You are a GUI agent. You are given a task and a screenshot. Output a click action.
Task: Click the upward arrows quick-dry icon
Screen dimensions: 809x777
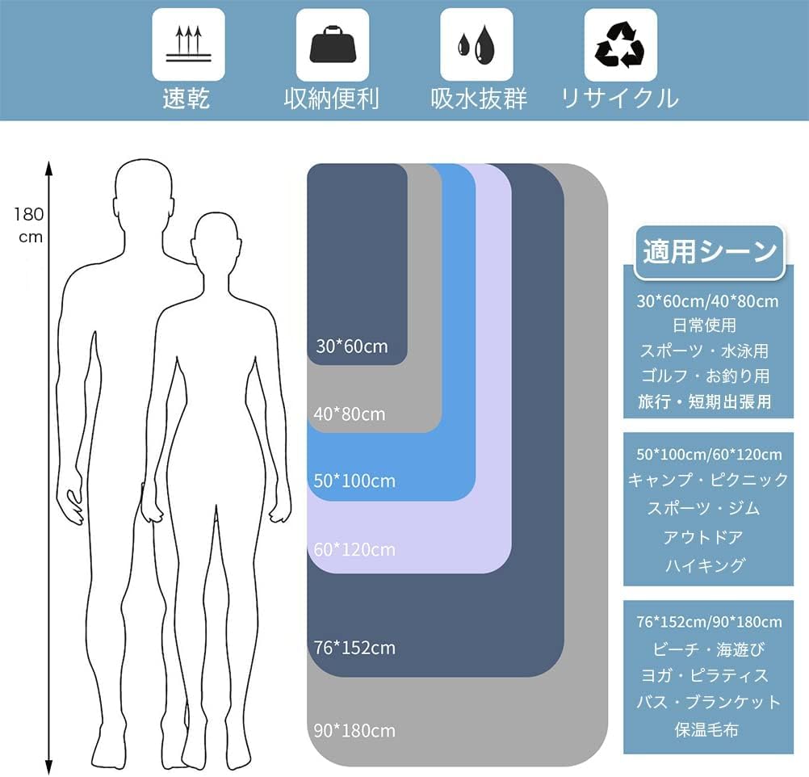click(x=188, y=44)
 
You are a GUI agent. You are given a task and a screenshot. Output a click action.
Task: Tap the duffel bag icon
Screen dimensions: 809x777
click(x=333, y=44)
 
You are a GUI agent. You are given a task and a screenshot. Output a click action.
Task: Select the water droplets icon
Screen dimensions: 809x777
click(x=476, y=44)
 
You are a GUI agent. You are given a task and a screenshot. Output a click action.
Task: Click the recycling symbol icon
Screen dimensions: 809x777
click(x=620, y=44)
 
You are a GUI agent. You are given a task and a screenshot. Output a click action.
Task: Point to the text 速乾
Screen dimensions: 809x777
click(x=186, y=98)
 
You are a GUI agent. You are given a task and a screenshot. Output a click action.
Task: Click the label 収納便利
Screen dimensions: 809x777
click(x=331, y=98)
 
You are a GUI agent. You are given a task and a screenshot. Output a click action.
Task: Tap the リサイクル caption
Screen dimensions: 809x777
click(x=619, y=98)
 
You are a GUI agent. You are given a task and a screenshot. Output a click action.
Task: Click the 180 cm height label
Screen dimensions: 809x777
click(x=29, y=225)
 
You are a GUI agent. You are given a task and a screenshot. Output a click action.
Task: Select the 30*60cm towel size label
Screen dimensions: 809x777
click(x=352, y=346)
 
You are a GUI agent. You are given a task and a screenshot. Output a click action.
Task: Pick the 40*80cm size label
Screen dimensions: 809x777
click(x=350, y=414)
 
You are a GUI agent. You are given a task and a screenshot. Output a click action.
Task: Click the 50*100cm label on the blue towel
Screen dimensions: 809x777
click(x=354, y=481)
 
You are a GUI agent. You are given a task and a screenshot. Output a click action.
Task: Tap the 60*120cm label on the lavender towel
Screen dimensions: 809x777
click(x=354, y=549)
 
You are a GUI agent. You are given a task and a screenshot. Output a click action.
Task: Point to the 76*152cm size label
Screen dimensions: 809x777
click(x=354, y=648)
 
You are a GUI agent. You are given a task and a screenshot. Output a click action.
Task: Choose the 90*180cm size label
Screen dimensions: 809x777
click(x=354, y=730)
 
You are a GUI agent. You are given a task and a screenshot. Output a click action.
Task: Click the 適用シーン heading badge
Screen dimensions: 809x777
click(x=710, y=252)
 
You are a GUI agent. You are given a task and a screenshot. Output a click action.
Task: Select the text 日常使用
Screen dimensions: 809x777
click(x=704, y=325)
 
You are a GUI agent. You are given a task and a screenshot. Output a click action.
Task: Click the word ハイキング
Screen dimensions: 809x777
click(x=705, y=565)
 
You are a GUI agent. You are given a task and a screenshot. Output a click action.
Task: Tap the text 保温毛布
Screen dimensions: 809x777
click(x=706, y=729)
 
